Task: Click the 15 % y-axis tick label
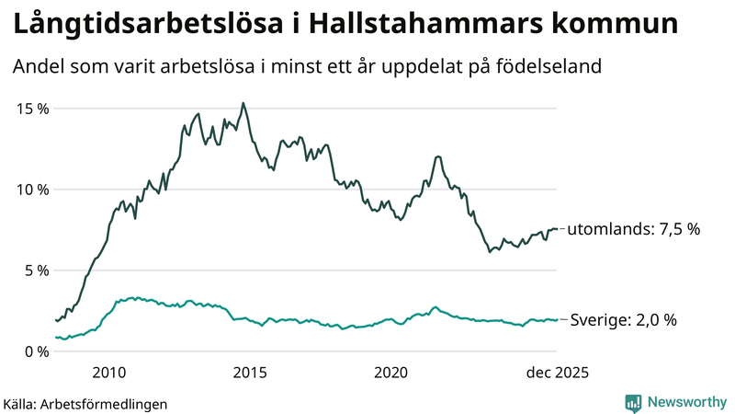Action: point(33,109)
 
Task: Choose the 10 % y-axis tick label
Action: point(33,190)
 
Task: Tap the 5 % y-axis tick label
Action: point(37,270)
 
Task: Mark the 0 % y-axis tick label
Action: point(37,351)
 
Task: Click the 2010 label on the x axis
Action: point(109,373)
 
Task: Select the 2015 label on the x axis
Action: point(250,373)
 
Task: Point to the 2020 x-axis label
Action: point(391,373)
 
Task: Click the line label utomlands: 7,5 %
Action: point(635,229)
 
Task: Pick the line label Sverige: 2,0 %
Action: point(624,320)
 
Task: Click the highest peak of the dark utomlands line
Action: point(243,103)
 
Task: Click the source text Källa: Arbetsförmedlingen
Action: point(85,403)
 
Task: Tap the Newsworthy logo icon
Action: point(633,402)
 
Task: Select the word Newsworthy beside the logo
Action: point(686,402)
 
